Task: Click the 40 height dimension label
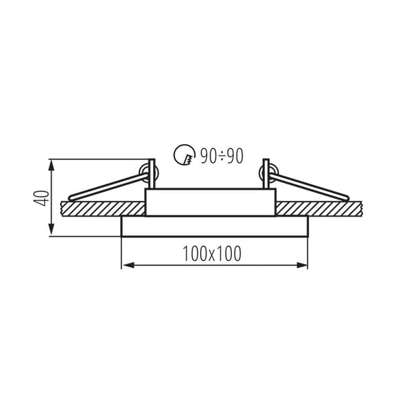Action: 41,198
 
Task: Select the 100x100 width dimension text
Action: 212,254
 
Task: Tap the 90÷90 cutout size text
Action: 221,156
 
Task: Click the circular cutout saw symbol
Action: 184,155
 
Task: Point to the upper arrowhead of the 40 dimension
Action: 52,166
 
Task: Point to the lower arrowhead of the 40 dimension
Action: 52,229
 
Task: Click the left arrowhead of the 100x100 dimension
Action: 128,265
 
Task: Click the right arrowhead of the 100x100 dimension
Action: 302,265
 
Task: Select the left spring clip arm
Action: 108,187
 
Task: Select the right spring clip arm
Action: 308,186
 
